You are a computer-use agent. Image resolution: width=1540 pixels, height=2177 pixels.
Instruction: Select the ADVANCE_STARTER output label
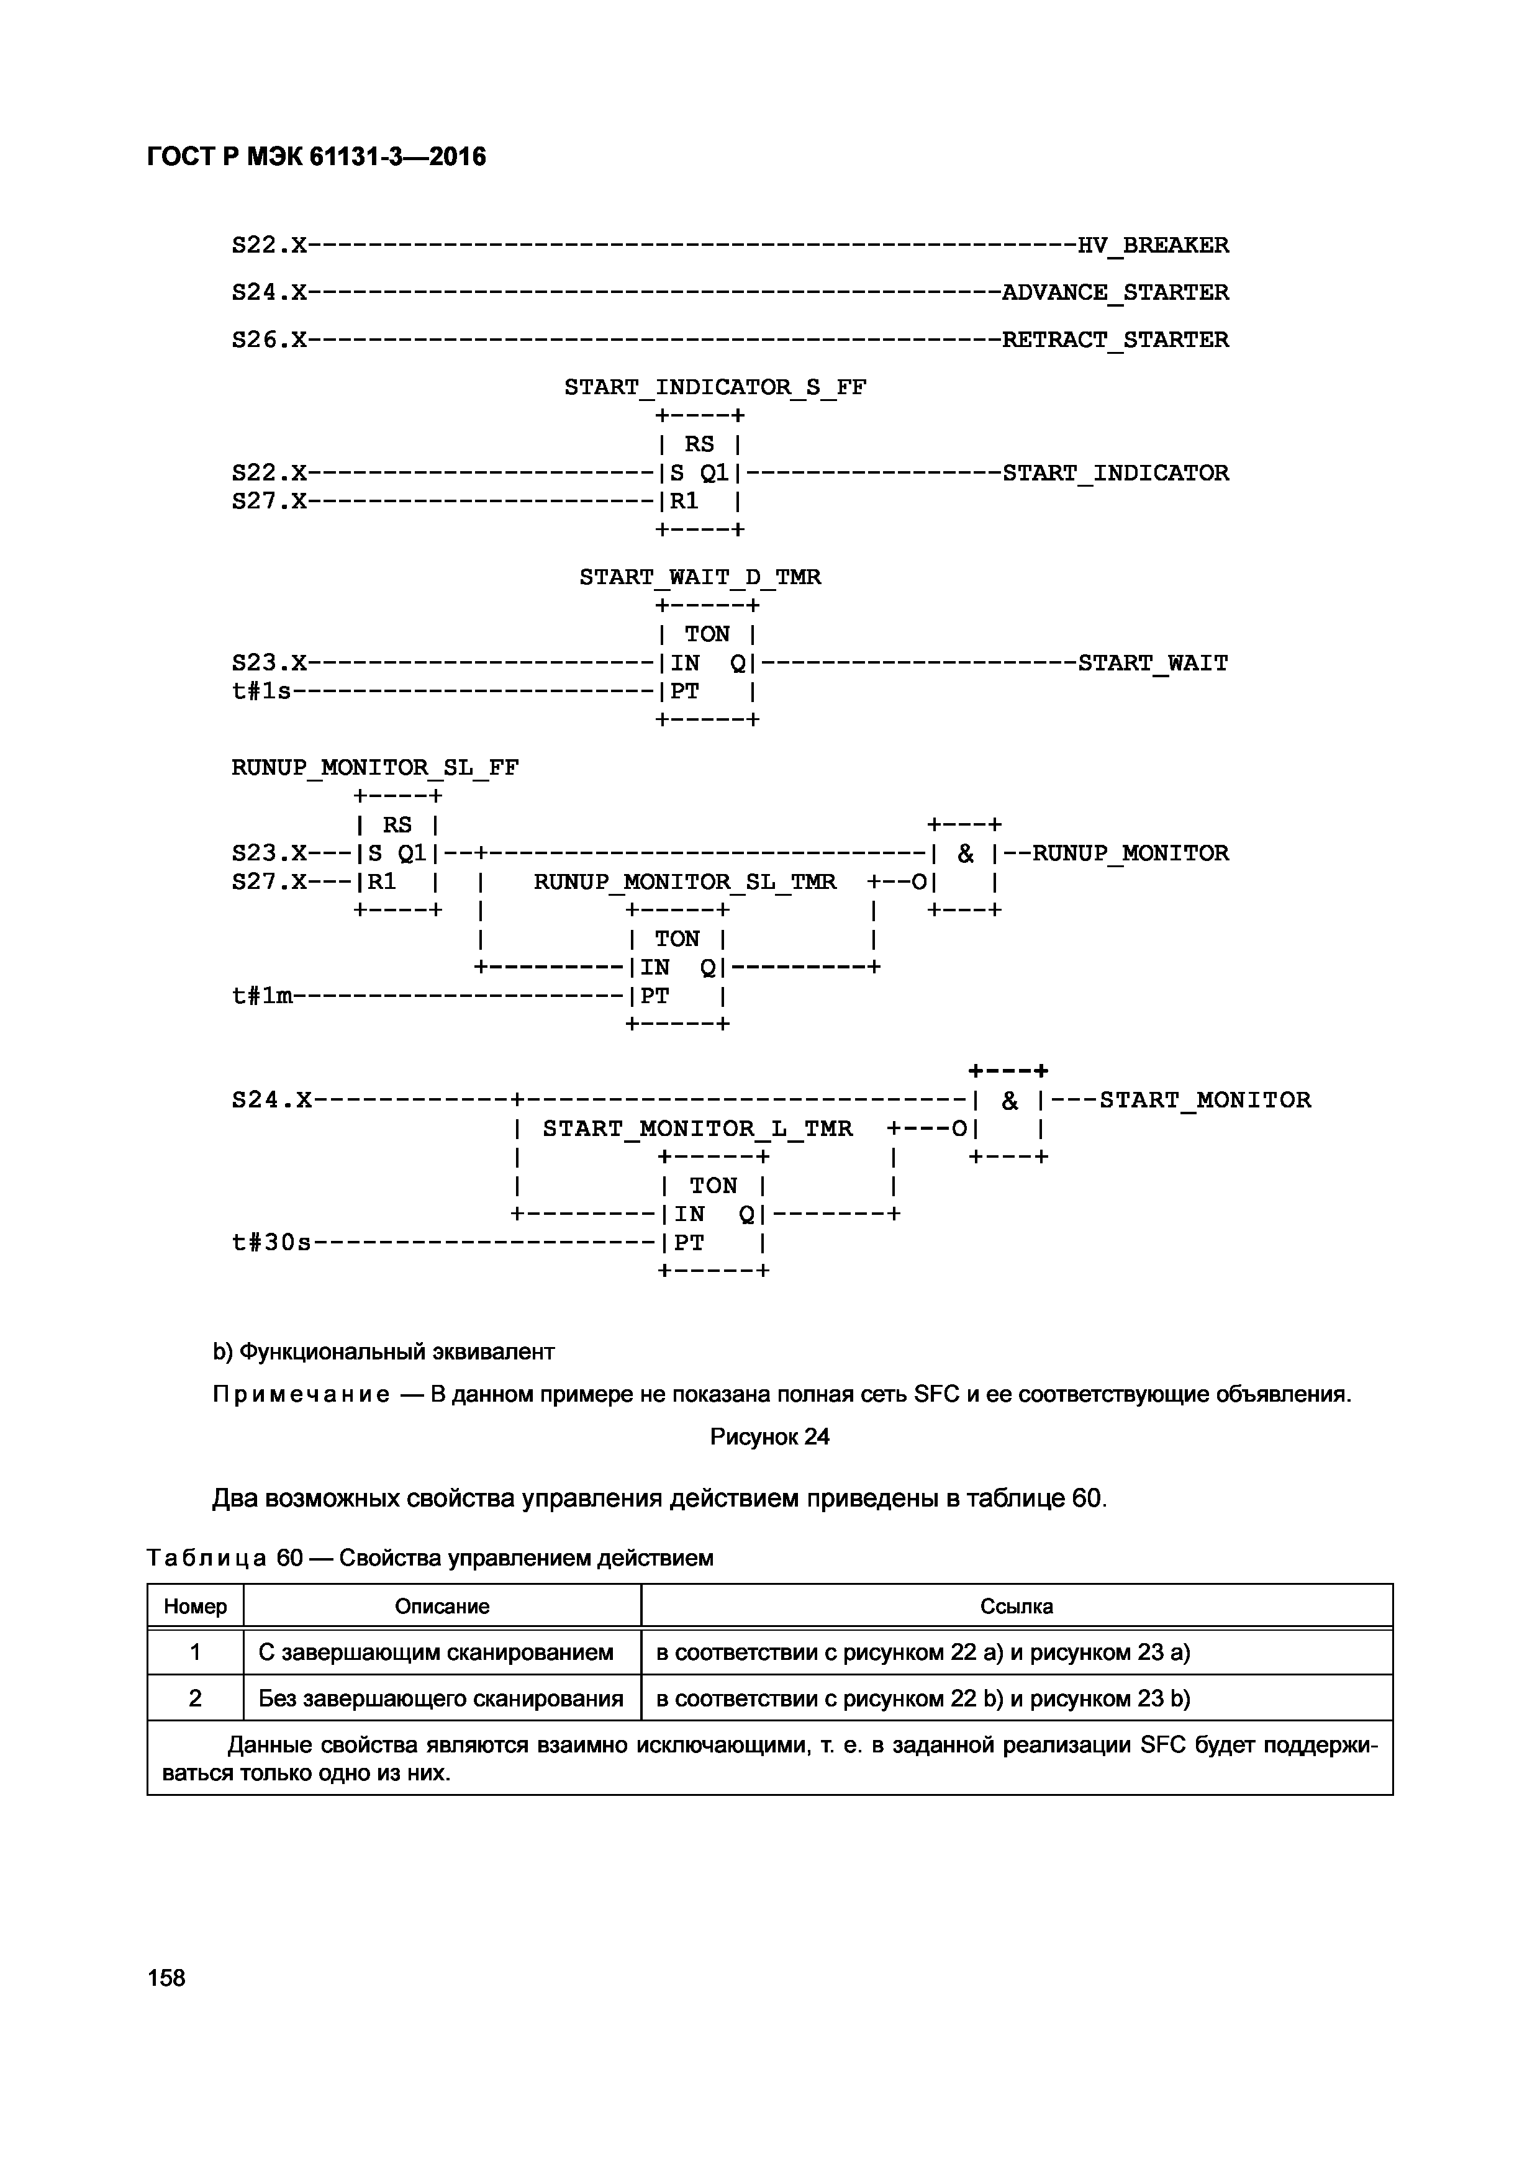click(1115, 293)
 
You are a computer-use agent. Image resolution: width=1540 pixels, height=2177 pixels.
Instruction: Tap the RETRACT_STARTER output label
click(1115, 340)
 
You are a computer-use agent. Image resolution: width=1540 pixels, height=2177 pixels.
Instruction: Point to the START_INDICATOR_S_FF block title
click(715, 388)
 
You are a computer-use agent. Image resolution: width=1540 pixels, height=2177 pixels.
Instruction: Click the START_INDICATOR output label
click(1115, 473)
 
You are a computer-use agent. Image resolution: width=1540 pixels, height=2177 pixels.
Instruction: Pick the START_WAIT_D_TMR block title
click(700, 577)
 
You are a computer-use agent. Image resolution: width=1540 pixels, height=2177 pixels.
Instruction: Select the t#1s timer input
click(261, 692)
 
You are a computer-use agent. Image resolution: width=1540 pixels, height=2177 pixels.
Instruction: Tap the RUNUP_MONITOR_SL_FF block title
click(374, 768)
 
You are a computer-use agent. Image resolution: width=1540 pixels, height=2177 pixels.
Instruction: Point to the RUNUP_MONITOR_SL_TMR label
click(685, 883)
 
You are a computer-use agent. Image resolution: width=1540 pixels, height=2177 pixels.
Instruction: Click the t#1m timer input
click(261, 996)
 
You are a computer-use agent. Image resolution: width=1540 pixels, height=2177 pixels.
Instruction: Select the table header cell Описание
click(442, 1606)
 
